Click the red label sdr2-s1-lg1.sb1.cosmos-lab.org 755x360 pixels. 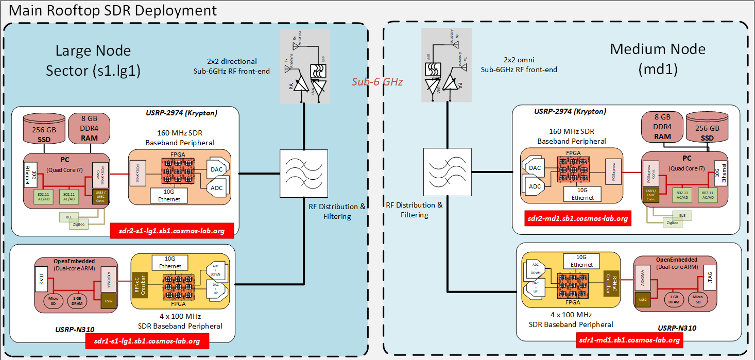click(172, 231)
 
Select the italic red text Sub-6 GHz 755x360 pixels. click(376, 81)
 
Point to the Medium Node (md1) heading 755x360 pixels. click(658, 59)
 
